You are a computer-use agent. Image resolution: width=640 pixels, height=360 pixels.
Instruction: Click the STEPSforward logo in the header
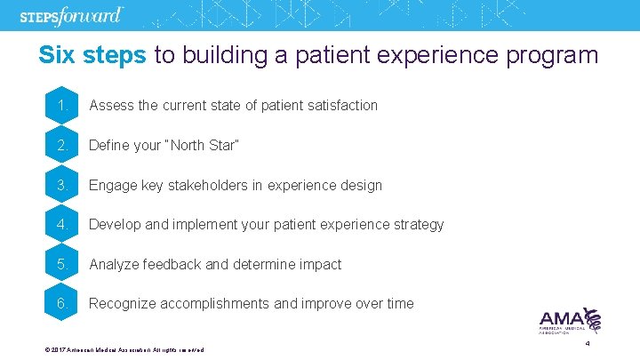click(x=71, y=17)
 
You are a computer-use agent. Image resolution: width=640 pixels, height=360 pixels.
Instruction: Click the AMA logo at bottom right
click(x=570, y=321)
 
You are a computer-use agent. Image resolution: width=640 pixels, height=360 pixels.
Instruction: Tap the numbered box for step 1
click(x=62, y=106)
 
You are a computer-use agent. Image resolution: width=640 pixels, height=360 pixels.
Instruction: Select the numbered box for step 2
click(x=62, y=145)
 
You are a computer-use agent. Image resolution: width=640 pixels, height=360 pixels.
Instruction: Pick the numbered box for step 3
click(x=62, y=185)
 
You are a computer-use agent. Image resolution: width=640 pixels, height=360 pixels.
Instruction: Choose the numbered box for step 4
click(x=62, y=224)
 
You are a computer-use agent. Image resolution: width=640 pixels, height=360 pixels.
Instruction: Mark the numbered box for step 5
click(x=62, y=264)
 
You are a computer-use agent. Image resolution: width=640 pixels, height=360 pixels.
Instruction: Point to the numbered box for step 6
click(x=62, y=303)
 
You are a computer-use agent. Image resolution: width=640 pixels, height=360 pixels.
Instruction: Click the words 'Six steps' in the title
click(x=92, y=55)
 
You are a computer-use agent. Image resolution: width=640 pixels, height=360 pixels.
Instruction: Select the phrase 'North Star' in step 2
click(x=205, y=145)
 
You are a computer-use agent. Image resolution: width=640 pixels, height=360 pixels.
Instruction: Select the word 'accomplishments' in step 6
click(x=215, y=304)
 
